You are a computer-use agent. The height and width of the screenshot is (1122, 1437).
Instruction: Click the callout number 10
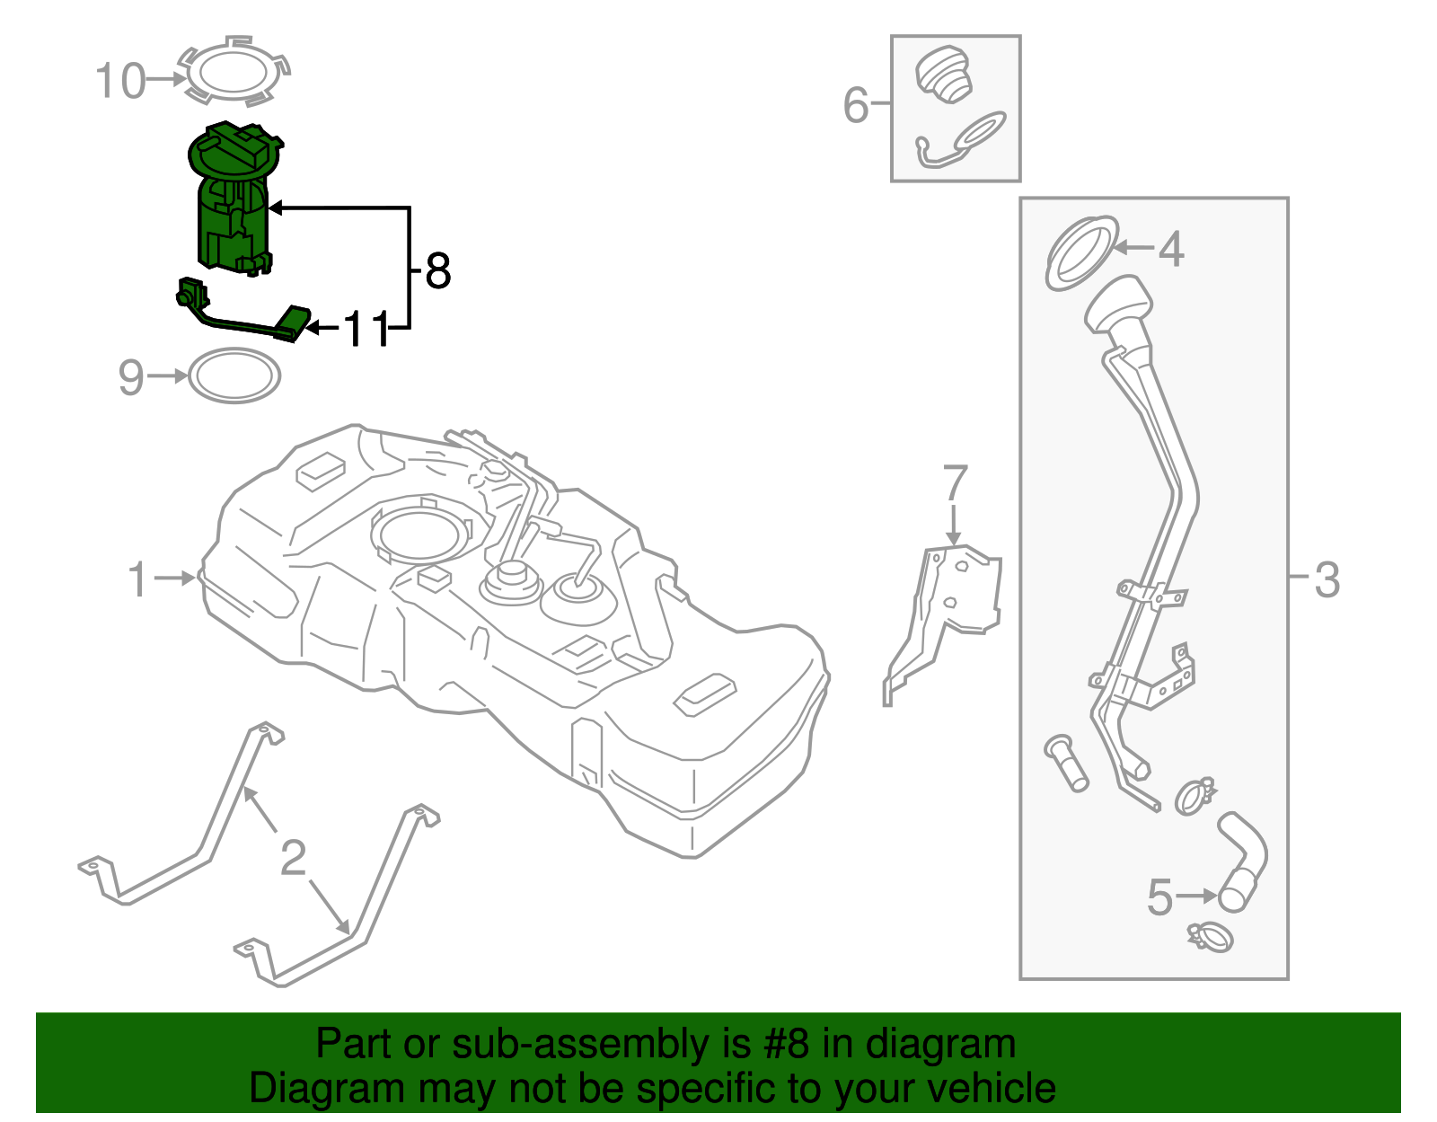(x=120, y=81)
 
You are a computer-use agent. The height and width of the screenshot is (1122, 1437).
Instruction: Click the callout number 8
(x=437, y=270)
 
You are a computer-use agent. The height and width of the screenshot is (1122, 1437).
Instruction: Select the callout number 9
(x=131, y=377)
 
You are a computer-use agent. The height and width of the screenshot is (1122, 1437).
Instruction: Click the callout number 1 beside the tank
(x=137, y=579)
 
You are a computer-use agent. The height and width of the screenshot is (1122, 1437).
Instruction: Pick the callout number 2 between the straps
(x=294, y=858)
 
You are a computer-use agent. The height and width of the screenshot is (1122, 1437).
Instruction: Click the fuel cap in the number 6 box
(x=944, y=75)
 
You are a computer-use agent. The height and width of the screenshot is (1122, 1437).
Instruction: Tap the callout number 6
(x=856, y=105)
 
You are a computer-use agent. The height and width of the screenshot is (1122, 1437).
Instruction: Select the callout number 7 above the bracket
(x=955, y=483)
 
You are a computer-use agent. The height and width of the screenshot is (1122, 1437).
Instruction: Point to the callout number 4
(x=1170, y=249)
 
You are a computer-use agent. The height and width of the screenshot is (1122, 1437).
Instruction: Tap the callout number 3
(x=1327, y=579)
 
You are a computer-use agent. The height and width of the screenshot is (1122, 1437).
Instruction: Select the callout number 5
(x=1159, y=897)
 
